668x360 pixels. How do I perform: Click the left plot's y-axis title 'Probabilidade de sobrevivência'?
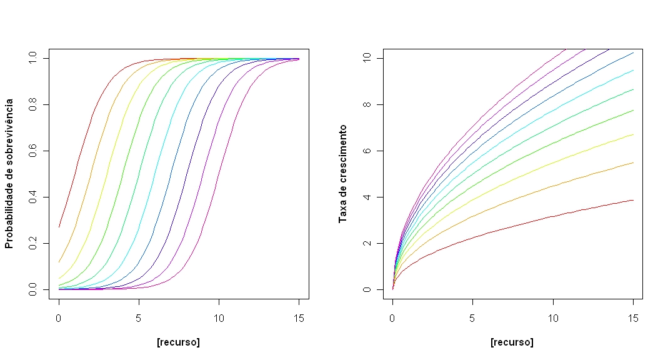pos(9,173)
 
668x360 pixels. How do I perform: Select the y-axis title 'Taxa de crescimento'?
pos(342,173)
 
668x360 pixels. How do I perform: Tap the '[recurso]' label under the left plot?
pos(179,342)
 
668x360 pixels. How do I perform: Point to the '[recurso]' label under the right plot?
pos(512,342)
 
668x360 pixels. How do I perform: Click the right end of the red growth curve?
pos(633,200)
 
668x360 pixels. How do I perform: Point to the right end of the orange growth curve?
pos(633,162)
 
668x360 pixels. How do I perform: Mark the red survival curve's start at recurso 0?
pos(59,227)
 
